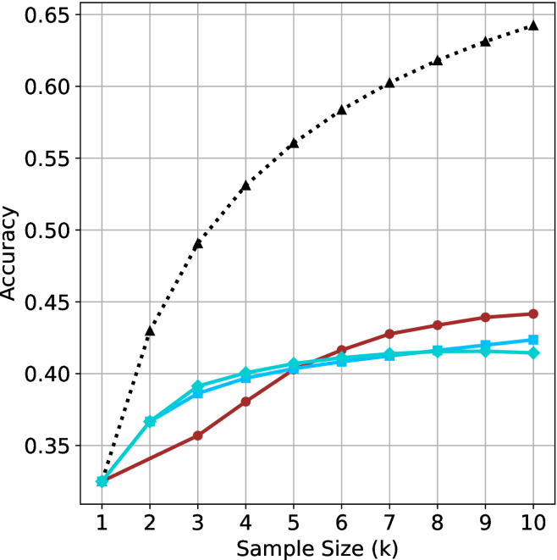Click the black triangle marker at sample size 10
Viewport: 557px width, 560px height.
click(x=533, y=25)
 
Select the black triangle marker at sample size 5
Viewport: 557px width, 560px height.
click(x=294, y=143)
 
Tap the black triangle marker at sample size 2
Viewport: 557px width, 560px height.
click(x=150, y=330)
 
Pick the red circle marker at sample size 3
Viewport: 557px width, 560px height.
click(x=197, y=435)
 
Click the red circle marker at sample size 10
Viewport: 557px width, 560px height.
click(x=533, y=313)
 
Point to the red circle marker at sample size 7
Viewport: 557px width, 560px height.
click(x=389, y=334)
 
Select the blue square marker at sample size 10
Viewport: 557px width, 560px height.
click(x=533, y=340)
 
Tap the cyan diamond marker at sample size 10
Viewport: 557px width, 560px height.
click(x=533, y=352)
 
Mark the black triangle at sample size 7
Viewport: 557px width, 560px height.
click(x=389, y=83)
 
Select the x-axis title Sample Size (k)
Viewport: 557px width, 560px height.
click(x=317, y=546)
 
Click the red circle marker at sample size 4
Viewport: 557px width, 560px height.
click(x=245, y=402)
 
